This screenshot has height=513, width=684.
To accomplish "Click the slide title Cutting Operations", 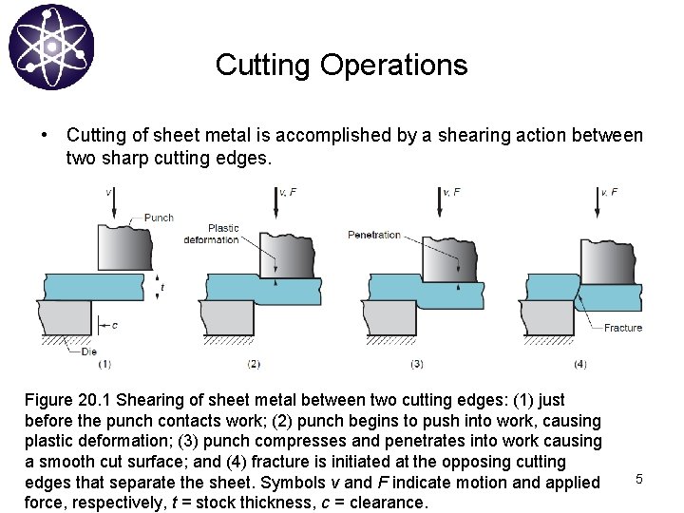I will (341, 65).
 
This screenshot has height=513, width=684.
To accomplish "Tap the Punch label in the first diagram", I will (159, 218).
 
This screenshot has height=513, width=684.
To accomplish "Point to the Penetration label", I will (374, 235).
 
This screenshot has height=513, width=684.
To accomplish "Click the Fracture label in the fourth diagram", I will (623, 328).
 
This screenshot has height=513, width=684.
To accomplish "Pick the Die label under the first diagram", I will (88, 351).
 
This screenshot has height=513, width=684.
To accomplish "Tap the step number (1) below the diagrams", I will (104, 363).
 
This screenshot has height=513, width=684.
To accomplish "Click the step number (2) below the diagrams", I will (254, 363).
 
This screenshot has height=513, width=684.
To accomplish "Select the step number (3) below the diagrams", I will (416, 363).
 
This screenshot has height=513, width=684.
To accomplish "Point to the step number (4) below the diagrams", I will (579, 363).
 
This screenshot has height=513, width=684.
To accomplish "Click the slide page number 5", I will (638, 480).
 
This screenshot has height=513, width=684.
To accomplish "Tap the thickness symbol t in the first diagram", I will (162, 286).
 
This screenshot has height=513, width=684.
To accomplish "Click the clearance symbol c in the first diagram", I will (115, 325).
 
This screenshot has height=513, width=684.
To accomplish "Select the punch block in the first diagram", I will (123, 247).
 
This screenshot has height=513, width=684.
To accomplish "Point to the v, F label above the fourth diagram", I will (608, 192).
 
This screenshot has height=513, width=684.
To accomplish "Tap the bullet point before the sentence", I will (45, 135).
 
